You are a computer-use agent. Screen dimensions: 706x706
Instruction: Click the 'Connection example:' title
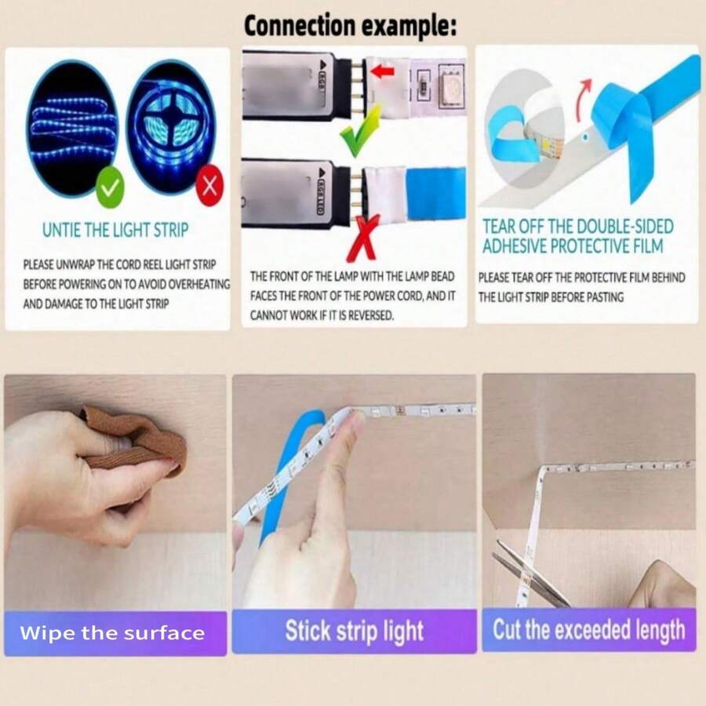click(351, 25)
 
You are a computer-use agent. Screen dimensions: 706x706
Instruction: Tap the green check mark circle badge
click(110, 187)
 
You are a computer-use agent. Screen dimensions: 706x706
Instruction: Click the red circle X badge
click(209, 185)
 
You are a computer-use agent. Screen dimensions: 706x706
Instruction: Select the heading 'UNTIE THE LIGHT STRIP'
click(115, 230)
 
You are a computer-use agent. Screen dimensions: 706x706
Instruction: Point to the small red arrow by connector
click(382, 71)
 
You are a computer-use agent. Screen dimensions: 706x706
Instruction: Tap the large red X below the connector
click(364, 238)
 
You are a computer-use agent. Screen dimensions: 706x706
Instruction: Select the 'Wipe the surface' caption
click(112, 633)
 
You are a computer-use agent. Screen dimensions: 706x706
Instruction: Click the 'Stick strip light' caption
click(355, 631)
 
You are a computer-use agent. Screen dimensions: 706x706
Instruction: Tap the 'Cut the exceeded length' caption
click(589, 629)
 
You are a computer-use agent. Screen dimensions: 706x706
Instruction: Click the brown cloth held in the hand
click(135, 440)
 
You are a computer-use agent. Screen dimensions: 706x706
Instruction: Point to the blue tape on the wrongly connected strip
click(436, 194)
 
